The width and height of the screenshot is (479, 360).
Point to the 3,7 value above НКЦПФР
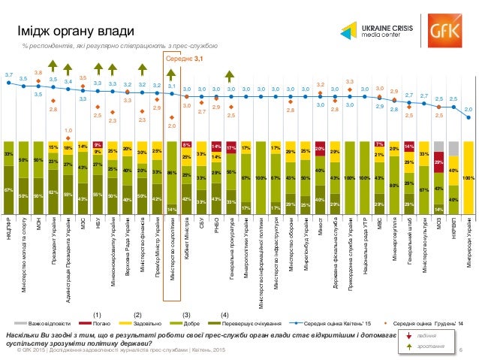[8, 75]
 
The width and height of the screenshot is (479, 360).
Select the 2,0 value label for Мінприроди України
[467, 109]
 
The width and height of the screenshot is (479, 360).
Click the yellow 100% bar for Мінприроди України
[467, 178]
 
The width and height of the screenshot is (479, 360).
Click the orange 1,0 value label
[68, 129]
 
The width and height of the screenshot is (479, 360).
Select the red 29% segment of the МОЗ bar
[438, 162]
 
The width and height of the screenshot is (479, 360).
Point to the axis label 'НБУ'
[98, 226]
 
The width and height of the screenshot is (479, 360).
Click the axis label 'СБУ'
[201, 225]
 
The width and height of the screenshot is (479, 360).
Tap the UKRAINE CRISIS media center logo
[372, 31]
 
